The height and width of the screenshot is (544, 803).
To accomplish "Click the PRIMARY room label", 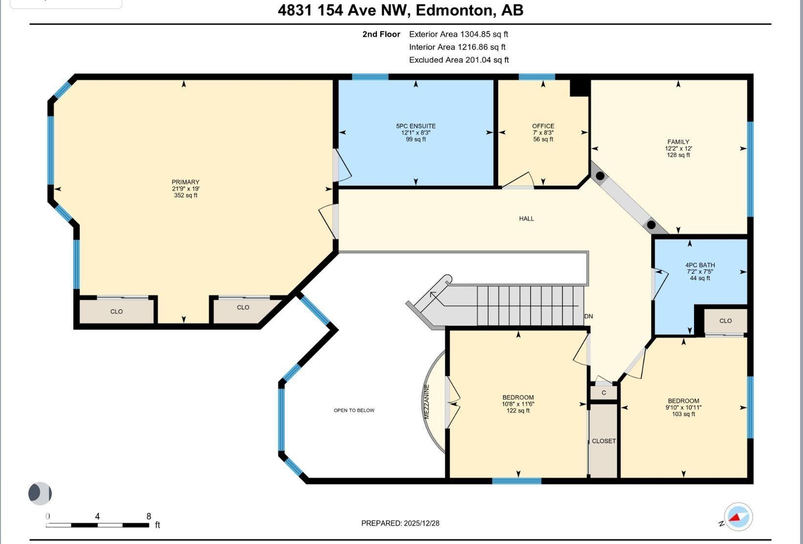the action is click(185, 182).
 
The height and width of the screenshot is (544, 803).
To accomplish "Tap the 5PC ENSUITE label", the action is click(416, 126).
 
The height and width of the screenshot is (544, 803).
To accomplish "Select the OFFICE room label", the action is click(543, 126).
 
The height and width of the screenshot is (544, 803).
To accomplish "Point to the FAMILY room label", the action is click(678, 142).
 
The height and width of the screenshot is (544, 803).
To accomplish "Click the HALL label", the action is click(526, 218).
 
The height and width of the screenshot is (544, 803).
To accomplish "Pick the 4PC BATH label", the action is click(700, 265).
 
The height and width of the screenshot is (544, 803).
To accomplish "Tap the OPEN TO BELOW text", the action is click(354, 410).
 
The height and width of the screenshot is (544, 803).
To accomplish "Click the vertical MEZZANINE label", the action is click(427, 402).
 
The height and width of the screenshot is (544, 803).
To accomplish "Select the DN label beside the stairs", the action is click(588, 316).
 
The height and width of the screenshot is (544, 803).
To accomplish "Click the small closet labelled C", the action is click(604, 392).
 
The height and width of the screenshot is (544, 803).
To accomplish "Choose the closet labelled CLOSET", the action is click(604, 441).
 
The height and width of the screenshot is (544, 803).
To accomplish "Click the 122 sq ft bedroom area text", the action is click(518, 411).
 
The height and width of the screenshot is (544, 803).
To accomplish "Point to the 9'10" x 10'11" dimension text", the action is click(684, 407).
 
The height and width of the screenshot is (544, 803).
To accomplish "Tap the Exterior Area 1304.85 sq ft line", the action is click(458, 34).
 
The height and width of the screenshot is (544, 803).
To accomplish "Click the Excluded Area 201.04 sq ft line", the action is click(459, 60).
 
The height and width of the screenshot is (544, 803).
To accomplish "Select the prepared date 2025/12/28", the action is click(422, 523).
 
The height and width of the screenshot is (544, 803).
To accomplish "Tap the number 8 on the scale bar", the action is click(149, 517).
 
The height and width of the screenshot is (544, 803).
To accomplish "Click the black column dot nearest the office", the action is click(601, 176).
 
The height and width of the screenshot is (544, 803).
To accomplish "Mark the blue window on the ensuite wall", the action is click(370, 77).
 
